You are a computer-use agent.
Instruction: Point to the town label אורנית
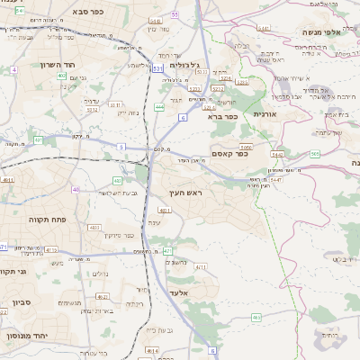[x=268, y=115]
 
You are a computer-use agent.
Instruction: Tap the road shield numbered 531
[x=158, y=67]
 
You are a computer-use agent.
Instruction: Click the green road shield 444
[x=158, y=107]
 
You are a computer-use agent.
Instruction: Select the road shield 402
[x=61, y=76]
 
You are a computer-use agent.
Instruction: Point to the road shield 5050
[x=245, y=145]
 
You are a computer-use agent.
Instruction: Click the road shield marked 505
[x=315, y=154]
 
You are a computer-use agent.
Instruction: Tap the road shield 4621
[x=139, y=210]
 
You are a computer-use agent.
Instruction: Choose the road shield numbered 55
[x=175, y=14]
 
